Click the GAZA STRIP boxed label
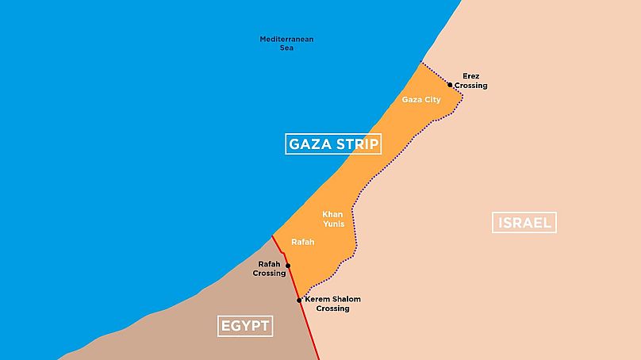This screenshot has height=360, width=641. pos(333,144)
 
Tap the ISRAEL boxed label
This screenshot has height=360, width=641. pos(524,222)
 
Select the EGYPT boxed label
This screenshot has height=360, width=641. pos(244,325)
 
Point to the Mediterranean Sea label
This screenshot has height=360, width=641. pos(286,43)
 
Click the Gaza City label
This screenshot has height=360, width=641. pos(421,100)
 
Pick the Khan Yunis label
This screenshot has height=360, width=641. pos(333,219)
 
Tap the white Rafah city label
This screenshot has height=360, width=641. pos(303,242)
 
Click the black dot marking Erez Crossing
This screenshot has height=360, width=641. pos(450,84)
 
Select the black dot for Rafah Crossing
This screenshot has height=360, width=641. pos(288,266)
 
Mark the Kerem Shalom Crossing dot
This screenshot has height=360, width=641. pos(299,301)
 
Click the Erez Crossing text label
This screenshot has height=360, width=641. pos(471,81)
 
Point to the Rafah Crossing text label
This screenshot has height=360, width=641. pos(269,269)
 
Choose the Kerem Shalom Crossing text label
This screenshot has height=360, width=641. pos(332,304)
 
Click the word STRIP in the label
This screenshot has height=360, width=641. pos(351,144)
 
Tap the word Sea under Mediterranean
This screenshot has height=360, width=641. pos(286,48)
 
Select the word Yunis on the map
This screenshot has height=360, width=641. pos(333,224)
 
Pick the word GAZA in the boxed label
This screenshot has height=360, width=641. pos(306,144)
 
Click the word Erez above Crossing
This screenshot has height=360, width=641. pos(471,76)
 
